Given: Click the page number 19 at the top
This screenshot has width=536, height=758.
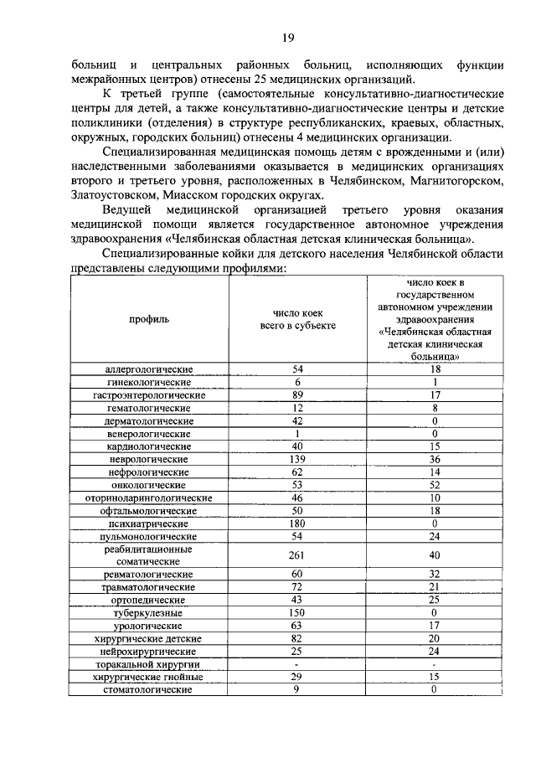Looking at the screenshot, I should [x=286, y=37].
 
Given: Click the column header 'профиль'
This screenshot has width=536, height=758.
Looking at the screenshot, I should [x=149, y=319].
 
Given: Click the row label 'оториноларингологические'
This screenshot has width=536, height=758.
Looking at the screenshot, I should [x=149, y=498].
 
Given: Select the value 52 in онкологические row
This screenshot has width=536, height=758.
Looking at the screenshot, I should [x=434, y=485].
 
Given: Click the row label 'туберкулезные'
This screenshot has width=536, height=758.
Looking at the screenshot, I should [x=149, y=613].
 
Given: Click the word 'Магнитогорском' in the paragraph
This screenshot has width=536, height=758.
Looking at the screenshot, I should [x=449, y=178].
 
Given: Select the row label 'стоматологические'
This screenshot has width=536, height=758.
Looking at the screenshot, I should [x=149, y=689].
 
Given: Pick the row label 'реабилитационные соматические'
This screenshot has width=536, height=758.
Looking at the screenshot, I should [x=149, y=555].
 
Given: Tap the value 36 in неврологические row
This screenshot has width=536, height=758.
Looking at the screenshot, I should [x=434, y=460].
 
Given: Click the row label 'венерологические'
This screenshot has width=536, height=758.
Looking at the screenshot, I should [x=149, y=434].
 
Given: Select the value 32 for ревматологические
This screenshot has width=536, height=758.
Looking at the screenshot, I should [x=434, y=575].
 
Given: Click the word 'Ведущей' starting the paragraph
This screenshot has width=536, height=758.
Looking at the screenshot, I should [x=129, y=208].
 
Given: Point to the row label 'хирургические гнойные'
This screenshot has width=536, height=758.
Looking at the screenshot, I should [x=149, y=676].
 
